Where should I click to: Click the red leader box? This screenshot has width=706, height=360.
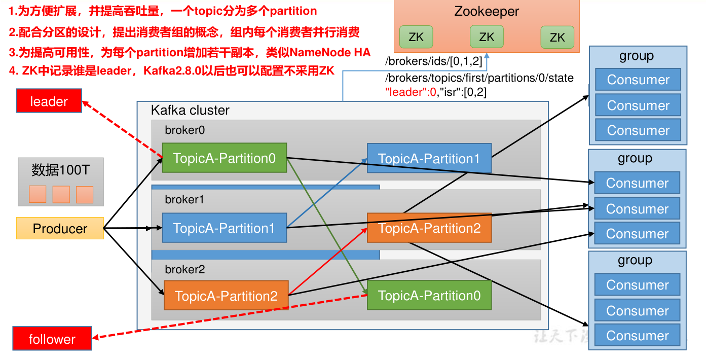coord(49,101)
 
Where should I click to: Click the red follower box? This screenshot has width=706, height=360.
coord(52,339)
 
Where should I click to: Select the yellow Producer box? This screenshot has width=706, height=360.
coord(60,229)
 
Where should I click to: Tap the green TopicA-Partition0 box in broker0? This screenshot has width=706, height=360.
coord(225,158)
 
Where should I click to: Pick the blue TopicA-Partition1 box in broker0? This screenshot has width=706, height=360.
coord(429,159)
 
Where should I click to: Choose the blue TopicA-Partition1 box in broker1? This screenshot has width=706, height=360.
coord(224,228)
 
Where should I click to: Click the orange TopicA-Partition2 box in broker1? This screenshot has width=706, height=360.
coord(429,228)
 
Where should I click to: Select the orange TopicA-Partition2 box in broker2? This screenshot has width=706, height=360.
coord(226,296)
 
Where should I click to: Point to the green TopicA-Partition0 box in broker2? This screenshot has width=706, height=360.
coord(429,296)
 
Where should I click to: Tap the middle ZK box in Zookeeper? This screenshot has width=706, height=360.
coord(487,37)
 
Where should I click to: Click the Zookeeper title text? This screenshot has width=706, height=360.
coord(487,12)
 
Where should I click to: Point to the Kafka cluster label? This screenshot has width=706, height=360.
coord(190,110)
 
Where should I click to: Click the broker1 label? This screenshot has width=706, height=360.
coord(184,200)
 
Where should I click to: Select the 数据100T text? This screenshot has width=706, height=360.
coord(60,170)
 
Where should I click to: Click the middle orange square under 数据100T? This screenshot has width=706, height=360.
coord(61,195)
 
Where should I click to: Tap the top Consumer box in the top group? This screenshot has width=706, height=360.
coord(638,80)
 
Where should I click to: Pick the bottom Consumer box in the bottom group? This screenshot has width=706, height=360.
coord(637,336)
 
